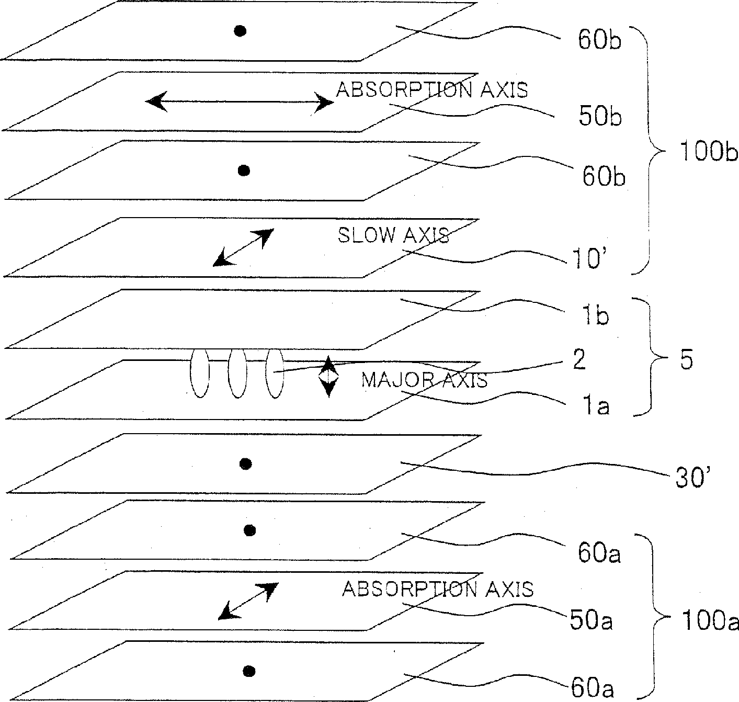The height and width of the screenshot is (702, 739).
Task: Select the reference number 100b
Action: tap(708, 152)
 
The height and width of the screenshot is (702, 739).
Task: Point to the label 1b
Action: tap(594, 316)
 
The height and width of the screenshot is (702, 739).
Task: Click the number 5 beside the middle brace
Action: tap(687, 361)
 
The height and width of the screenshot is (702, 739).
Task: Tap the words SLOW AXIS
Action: tap(393, 235)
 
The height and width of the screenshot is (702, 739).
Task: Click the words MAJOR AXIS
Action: tap(424, 380)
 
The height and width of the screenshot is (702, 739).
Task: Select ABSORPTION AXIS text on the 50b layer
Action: tap(431, 90)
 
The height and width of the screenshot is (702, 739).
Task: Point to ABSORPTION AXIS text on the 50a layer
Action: tap(438, 589)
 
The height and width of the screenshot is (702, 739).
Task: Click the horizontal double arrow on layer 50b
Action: tap(239, 102)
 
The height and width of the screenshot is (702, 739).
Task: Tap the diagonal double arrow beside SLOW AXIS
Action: tap(243, 247)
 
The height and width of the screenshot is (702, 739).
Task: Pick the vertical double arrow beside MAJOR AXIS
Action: tap(328, 377)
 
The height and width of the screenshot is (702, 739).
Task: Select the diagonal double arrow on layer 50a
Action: tap(247, 601)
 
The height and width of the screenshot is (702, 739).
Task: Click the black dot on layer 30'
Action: tap(245, 463)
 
